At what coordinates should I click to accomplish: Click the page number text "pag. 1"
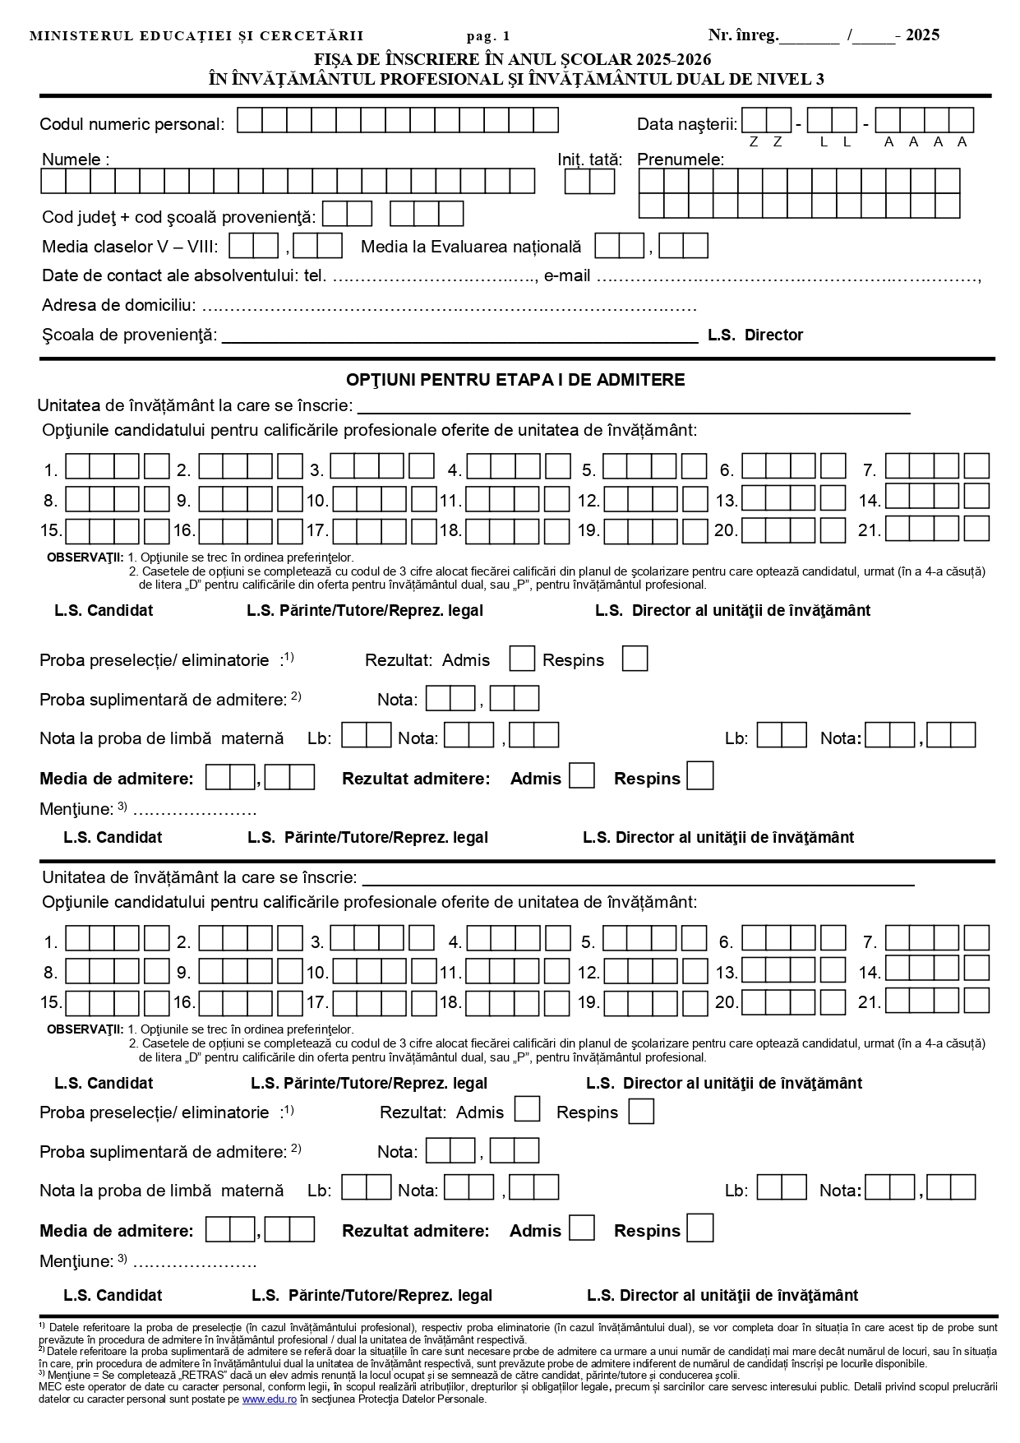click(488, 36)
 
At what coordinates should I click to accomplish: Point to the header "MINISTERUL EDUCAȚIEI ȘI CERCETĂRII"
click(196, 36)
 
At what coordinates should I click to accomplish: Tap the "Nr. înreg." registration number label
click(743, 35)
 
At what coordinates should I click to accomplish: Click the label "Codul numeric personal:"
click(132, 124)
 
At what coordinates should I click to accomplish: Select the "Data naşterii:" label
click(687, 124)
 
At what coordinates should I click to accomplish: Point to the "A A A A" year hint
click(925, 141)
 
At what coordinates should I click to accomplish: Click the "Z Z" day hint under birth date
click(765, 141)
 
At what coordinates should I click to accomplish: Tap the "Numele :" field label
click(76, 160)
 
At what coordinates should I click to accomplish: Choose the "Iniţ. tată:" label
click(589, 160)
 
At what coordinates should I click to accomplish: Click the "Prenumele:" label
click(681, 160)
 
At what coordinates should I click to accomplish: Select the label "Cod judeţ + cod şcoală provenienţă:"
click(178, 217)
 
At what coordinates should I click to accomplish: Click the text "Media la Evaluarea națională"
click(471, 247)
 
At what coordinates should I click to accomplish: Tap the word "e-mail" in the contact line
click(567, 276)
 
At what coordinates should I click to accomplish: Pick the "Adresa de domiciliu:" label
click(119, 306)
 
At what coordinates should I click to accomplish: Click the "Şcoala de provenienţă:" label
click(130, 335)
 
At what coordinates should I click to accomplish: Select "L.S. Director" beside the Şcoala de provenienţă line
click(755, 335)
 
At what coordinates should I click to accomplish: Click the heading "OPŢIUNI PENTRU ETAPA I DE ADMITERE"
click(515, 380)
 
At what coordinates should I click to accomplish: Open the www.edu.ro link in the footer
click(269, 1399)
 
